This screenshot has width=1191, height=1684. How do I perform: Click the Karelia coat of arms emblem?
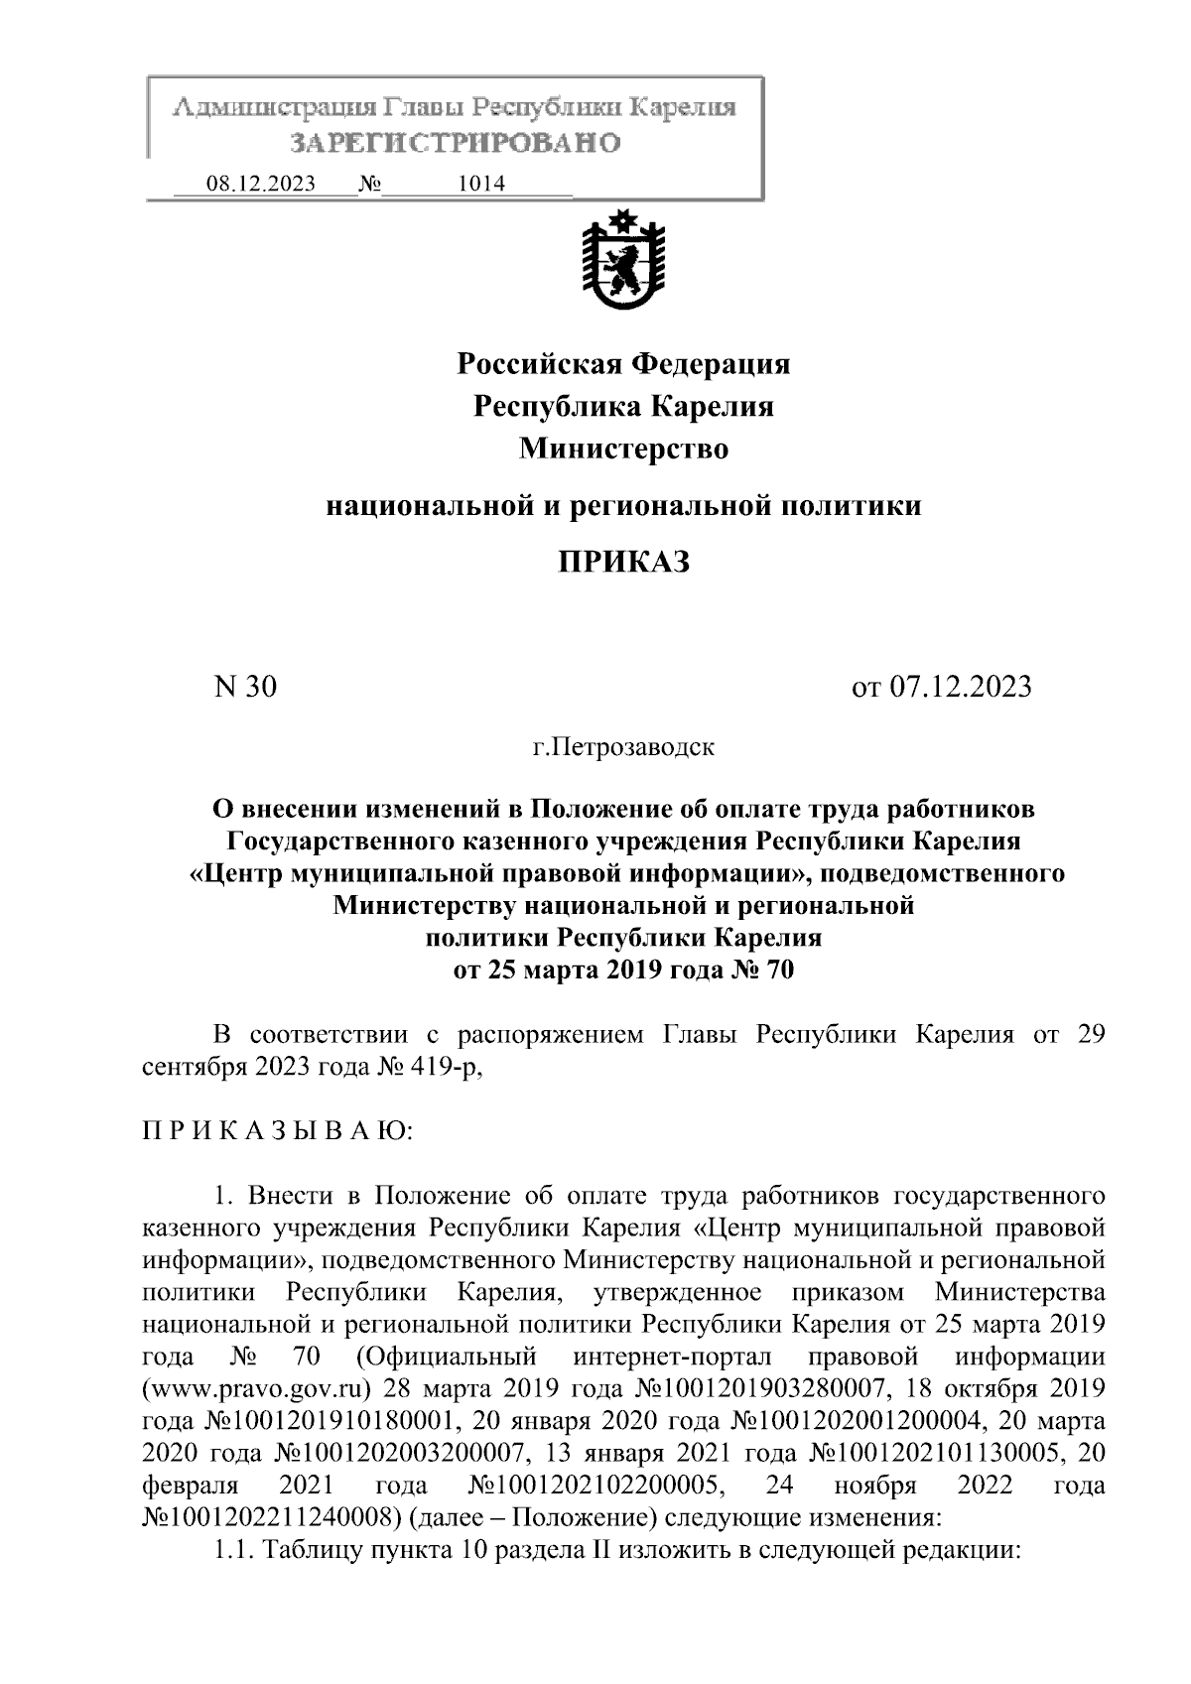(623, 262)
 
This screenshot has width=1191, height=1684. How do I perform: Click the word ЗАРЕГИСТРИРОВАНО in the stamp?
(456, 144)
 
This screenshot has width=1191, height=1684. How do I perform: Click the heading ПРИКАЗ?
(622, 563)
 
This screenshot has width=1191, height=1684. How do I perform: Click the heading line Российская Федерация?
(623, 364)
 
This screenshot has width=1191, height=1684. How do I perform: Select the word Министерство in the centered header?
(623, 450)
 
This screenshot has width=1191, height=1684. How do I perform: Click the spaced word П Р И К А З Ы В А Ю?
(273, 1131)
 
